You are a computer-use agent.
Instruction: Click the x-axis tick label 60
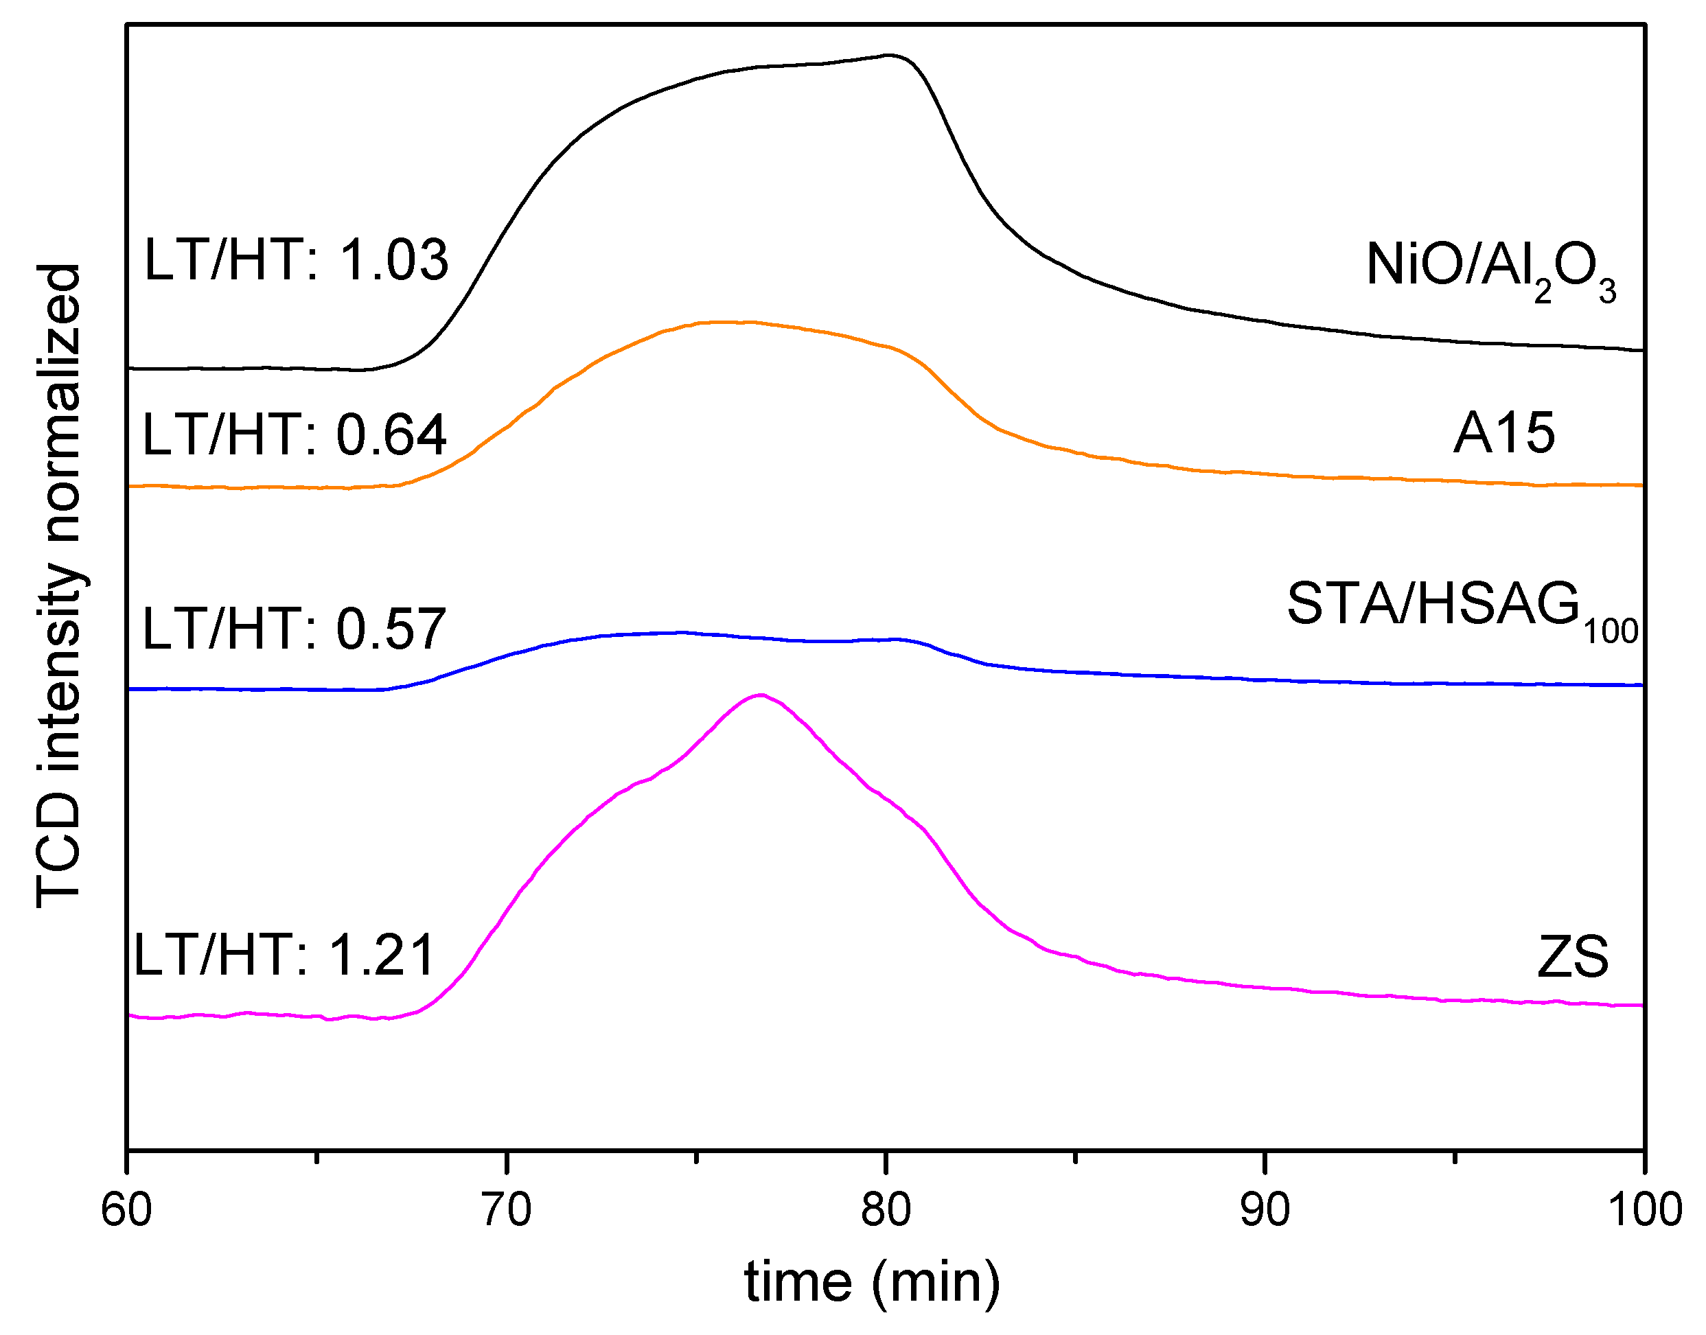(x=126, y=1210)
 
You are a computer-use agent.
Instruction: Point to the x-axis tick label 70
(x=506, y=1210)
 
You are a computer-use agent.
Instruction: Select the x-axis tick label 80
(x=886, y=1210)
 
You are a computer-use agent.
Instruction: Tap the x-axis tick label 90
(x=1265, y=1210)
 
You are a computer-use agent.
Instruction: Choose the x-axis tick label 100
(x=1644, y=1210)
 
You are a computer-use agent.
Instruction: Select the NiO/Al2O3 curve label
(x=1490, y=270)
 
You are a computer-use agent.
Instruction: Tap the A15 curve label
(x=1503, y=434)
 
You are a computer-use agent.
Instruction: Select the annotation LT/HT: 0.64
(x=294, y=434)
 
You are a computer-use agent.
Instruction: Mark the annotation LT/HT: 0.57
(x=294, y=629)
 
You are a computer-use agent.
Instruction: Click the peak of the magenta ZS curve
(x=761, y=694)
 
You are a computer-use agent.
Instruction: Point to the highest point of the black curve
(x=888, y=55)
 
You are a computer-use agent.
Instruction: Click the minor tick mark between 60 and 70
(x=316, y=1157)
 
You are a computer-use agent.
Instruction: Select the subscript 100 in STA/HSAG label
(x=1611, y=631)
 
